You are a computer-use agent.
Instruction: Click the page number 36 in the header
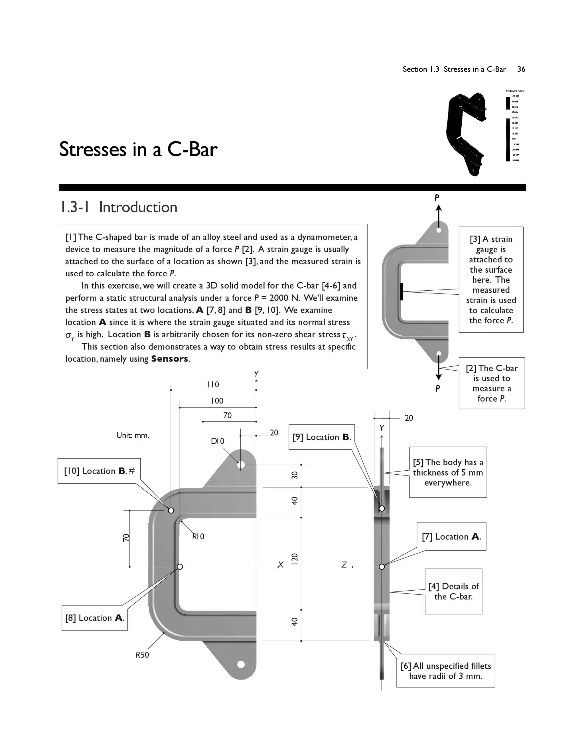(521, 69)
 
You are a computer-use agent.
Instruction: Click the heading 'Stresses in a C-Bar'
(138, 149)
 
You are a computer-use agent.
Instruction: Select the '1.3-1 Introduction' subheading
(118, 207)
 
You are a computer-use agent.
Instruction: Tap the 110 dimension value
(213, 384)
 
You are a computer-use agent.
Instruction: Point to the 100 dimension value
(217, 401)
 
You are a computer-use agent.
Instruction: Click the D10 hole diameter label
(218, 441)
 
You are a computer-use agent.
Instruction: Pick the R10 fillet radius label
(198, 536)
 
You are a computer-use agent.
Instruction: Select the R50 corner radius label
(142, 655)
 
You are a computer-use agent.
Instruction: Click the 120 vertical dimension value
(294, 559)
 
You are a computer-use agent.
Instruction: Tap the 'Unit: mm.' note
(133, 435)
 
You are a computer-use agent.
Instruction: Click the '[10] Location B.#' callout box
(99, 471)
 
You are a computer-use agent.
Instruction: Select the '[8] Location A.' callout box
(94, 618)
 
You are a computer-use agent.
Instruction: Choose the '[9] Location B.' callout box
(322, 437)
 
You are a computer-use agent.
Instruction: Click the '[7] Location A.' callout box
(451, 536)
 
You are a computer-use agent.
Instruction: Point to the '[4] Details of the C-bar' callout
(453, 591)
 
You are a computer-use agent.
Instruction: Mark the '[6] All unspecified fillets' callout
(446, 671)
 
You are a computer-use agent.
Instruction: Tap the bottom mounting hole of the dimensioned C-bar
(241, 664)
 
